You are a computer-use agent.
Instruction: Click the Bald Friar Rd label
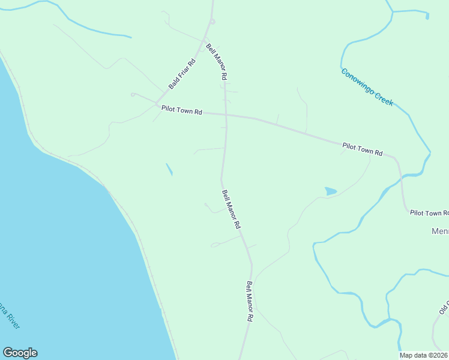pos(182,74)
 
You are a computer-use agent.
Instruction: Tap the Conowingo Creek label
pos(367,87)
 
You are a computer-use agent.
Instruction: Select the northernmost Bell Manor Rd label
pos(216,62)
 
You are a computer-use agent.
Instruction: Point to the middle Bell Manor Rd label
pos(231,209)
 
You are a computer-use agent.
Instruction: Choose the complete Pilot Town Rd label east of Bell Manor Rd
pos(362,149)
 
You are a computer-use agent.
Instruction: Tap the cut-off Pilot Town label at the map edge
pos(429,213)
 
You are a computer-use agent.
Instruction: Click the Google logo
pos(20,353)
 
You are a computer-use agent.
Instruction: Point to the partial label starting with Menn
pos(440,231)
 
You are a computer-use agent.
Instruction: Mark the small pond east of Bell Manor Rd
pos(330,191)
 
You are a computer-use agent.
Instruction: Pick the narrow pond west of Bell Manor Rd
pos(169,170)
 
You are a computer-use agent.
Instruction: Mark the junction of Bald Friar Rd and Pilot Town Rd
pos(157,104)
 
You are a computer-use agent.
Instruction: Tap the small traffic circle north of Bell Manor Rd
pos(212,22)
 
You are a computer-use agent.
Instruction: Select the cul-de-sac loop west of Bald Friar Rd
pos(133,94)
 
